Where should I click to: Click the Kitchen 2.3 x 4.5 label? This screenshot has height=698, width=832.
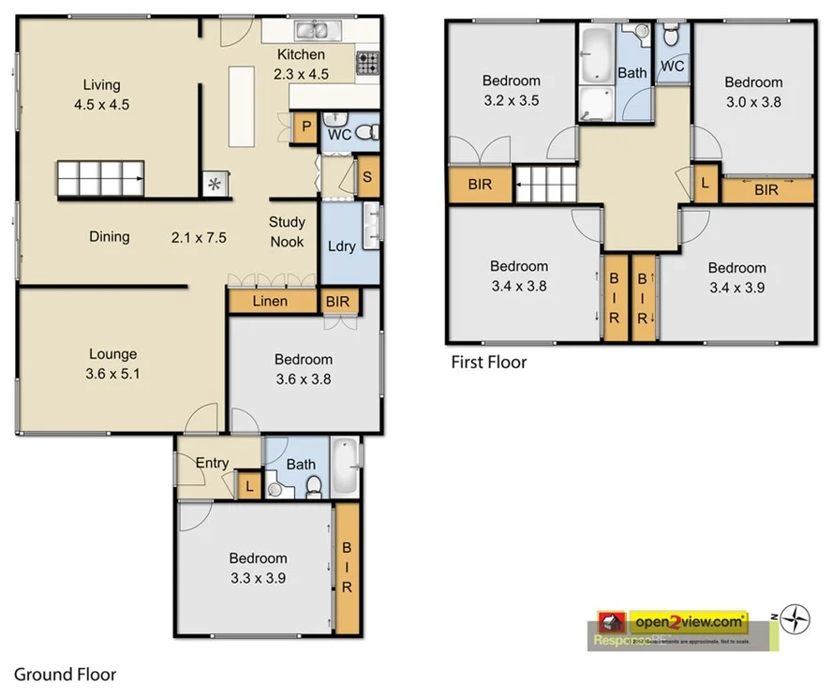pos(301,64)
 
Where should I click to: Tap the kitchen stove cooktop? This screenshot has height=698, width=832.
pos(367,63)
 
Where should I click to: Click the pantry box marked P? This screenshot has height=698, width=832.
pos(304,129)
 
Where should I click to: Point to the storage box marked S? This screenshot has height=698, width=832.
pos(367,177)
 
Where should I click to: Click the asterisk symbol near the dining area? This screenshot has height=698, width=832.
pos(215,184)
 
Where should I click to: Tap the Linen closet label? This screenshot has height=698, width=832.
pos(271,302)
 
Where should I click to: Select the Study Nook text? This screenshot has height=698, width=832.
pos(287,231)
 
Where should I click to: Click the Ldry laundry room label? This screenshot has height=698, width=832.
pos(341,245)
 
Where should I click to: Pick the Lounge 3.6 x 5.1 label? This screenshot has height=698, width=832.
pos(112,363)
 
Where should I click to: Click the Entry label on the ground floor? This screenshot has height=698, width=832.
pos(212,463)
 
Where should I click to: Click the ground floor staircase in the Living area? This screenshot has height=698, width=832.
pos(100,178)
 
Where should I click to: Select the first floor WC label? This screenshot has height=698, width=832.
pos(672,67)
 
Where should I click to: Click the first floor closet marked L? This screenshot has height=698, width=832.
pos(705,183)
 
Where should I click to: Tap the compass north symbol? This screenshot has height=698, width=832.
pos(796,617)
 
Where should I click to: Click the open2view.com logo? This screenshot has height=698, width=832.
pos(690,620)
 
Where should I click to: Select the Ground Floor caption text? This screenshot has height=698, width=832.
pos(65,673)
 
